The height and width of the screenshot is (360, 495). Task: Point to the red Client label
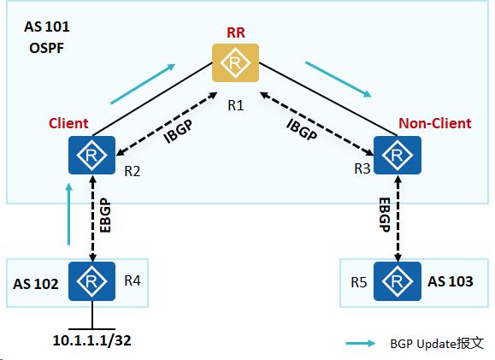tap(68, 123)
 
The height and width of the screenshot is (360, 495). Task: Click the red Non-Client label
tap(434, 123)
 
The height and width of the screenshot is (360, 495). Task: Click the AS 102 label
tap(36, 283)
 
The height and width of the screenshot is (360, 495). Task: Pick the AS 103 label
tap(448, 281)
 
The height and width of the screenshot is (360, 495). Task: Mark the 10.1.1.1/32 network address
tap(91, 339)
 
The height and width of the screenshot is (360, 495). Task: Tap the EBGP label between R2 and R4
tap(105, 217)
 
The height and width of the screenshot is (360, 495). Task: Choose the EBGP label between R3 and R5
tap(385, 217)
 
